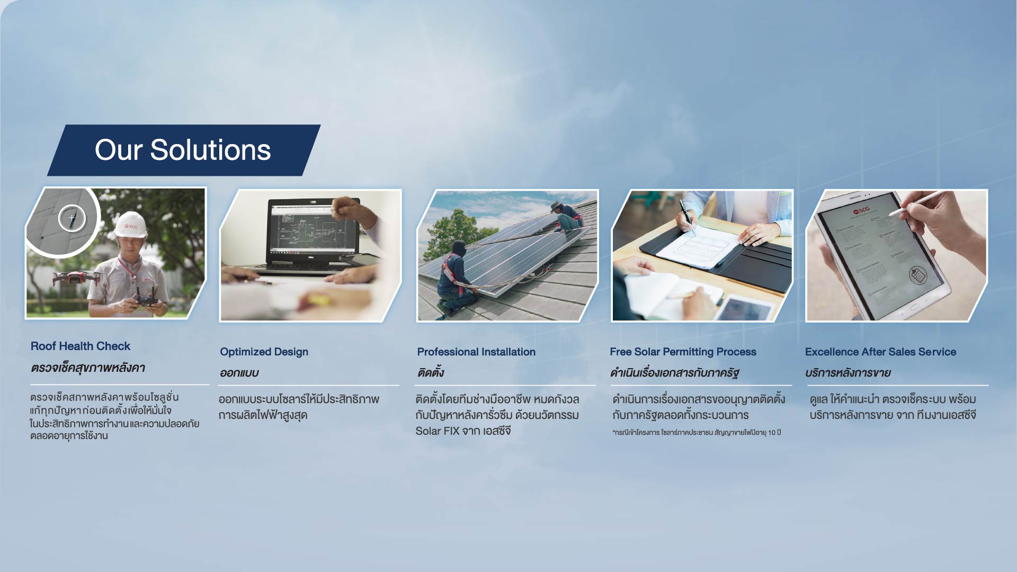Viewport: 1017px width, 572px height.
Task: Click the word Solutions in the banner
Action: pos(210,150)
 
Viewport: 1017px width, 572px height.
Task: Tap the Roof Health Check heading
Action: pos(81,346)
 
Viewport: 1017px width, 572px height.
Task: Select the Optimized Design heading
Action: pos(264,352)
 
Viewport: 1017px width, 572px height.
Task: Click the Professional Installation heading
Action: pos(476,352)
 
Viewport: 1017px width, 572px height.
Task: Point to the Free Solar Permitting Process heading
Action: pos(683,352)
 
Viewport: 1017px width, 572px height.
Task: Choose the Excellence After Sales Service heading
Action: pos(880,352)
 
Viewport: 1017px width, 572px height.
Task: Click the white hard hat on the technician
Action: pos(130,225)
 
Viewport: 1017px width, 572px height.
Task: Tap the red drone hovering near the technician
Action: pos(76,278)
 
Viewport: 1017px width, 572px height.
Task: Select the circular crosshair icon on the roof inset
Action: pos(72,218)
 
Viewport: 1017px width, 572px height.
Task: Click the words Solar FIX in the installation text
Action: pos(437,431)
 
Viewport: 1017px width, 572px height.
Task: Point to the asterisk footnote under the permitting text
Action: pos(697,433)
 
